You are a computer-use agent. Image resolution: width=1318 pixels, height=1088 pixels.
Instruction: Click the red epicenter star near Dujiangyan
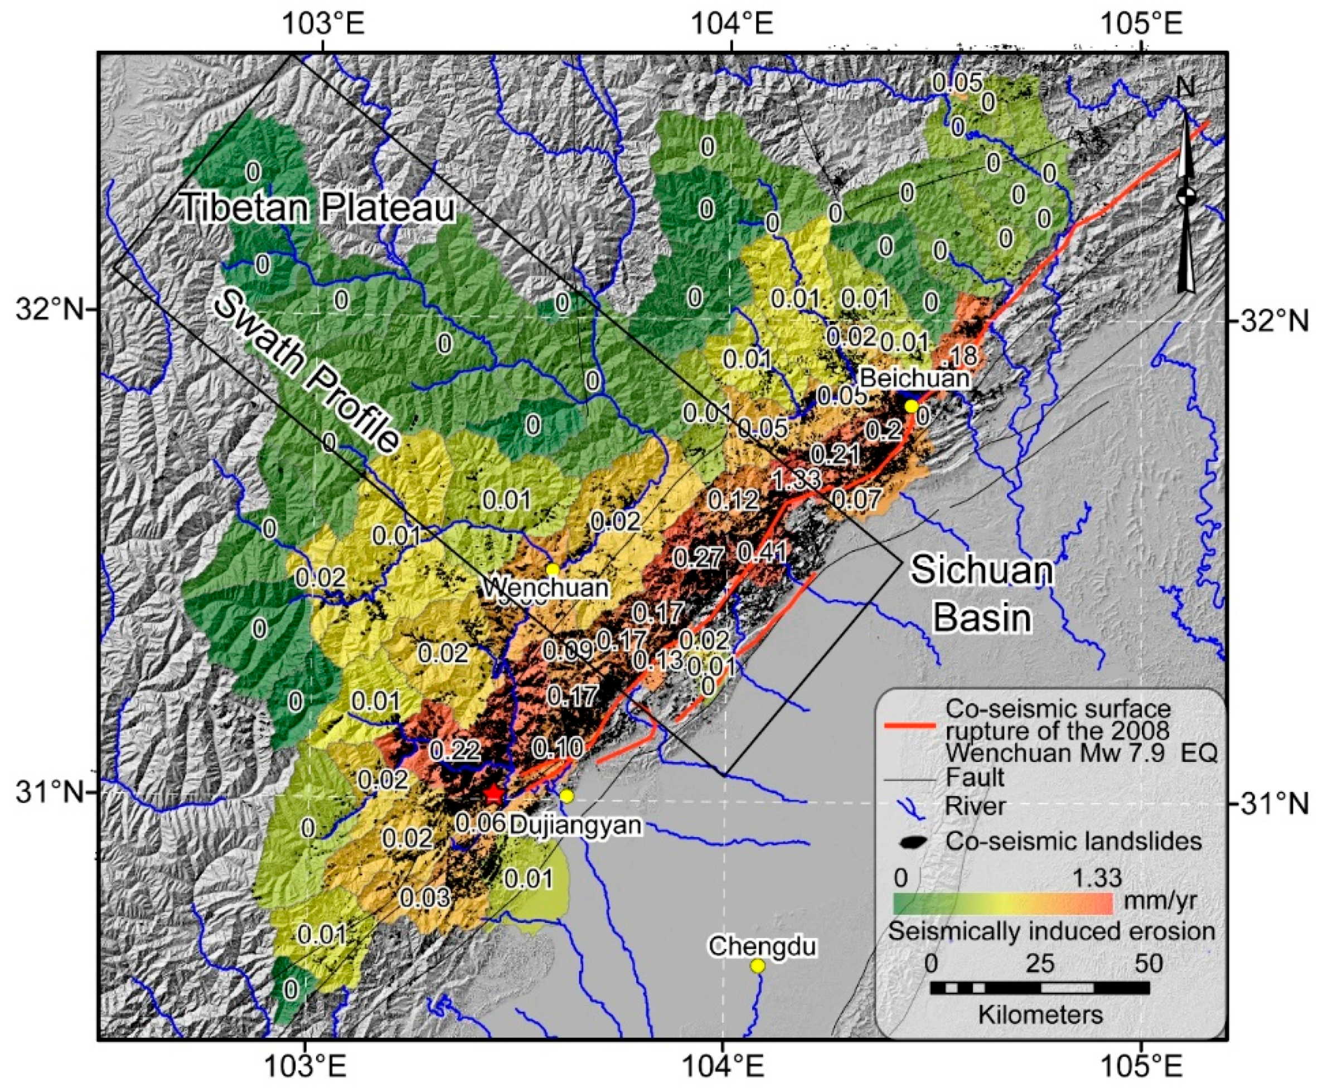[493, 794]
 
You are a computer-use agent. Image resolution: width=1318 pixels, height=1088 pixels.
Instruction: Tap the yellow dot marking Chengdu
[758, 966]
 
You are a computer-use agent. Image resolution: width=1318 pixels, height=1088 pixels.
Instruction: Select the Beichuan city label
[914, 378]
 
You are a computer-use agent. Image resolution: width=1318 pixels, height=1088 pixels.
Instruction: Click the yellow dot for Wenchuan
[552, 569]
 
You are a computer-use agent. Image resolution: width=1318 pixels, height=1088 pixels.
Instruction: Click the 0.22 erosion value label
[455, 750]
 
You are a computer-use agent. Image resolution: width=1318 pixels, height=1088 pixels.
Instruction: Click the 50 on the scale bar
[1149, 963]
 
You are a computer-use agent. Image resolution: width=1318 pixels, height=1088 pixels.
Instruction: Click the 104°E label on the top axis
[731, 25]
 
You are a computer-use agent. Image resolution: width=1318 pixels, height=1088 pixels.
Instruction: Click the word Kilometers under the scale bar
[1040, 1013]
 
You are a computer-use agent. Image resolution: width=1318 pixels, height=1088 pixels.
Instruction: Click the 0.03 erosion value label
[425, 897]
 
